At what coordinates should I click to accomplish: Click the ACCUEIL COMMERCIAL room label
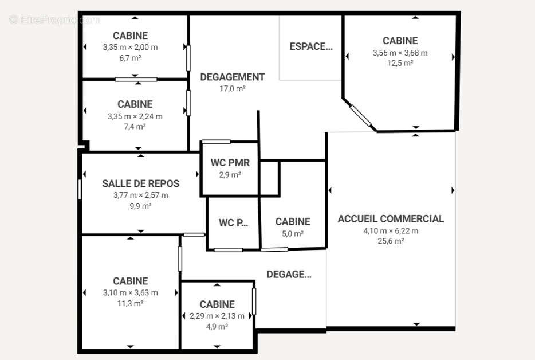coord(391,218)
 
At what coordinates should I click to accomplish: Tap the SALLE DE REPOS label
coord(140,183)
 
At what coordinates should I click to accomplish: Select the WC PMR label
coord(230,163)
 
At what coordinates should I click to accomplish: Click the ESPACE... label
coord(311,46)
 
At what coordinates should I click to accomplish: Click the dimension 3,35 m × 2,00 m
coord(131,47)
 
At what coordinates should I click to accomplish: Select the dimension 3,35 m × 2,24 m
coord(135,116)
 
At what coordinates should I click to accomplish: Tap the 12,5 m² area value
coord(400,63)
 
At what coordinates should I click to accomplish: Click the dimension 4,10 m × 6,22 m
coord(391,231)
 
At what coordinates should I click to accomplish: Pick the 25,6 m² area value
coord(391,241)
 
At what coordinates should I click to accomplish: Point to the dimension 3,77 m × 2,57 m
coord(140,195)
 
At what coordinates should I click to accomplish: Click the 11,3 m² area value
coord(131,303)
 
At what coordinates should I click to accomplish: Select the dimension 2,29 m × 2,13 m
coord(217,316)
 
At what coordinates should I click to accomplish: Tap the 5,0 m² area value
coord(293,234)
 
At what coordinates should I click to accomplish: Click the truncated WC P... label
coord(233,222)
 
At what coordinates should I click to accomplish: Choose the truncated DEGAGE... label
coord(289,274)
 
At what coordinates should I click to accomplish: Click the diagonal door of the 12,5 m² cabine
coord(361,115)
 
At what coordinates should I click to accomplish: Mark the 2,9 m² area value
coord(230,175)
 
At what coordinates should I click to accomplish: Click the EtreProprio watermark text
coord(54,20)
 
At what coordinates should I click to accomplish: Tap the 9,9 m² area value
coord(140,206)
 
